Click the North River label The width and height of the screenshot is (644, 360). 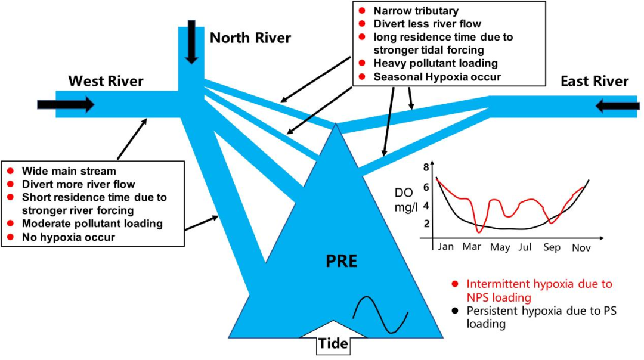tap(250, 38)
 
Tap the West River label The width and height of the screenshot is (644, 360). tap(106, 80)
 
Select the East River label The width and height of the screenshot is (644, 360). tap(595, 81)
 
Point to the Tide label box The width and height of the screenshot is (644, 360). tap(333, 344)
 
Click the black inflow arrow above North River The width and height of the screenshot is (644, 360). tap(191, 42)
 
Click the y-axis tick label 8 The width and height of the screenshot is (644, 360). tap(426, 167)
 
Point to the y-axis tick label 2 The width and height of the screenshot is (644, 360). tap(426, 224)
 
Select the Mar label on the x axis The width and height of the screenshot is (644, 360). tap(472, 246)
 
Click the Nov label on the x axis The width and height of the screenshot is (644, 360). tap(581, 247)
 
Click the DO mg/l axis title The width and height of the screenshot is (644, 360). tap(404, 200)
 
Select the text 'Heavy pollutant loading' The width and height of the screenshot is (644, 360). tap(435, 63)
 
